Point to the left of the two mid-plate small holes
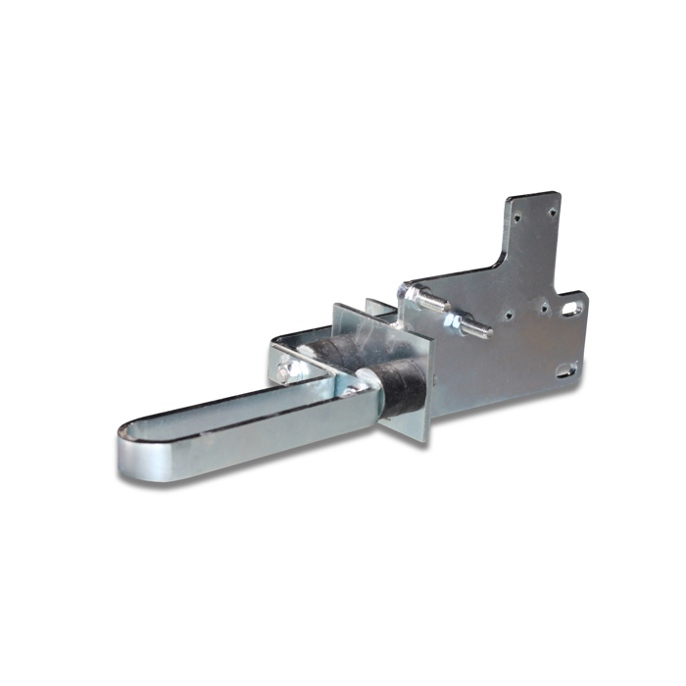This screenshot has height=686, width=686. (509, 316)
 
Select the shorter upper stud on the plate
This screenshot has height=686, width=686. (421, 291)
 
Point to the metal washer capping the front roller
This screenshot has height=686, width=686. (364, 390)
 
